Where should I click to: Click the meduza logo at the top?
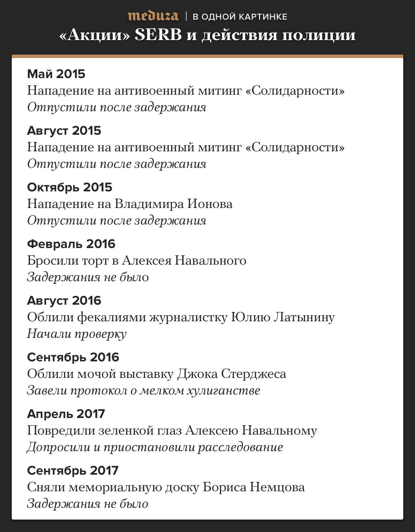coord(153,16)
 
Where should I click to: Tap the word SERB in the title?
coord(158,35)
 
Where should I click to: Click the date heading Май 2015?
coord(56,74)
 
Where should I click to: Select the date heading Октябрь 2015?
coord(70,187)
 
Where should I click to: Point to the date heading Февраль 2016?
coord(71,244)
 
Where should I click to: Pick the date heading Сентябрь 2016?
coord(73,357)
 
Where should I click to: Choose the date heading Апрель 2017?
coord(66,414)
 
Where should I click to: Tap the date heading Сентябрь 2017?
coord(73,471)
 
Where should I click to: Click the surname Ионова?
coord(210,204)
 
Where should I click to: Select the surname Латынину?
coord(304,317)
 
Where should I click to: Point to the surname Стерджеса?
coord(253,374)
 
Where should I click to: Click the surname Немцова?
coord(277,487)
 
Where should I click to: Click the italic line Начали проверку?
coord(77,334)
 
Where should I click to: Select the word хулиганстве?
coord(223,390)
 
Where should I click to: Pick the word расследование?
coord(240,447)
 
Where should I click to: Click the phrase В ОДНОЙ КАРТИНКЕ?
coord(240,17)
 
